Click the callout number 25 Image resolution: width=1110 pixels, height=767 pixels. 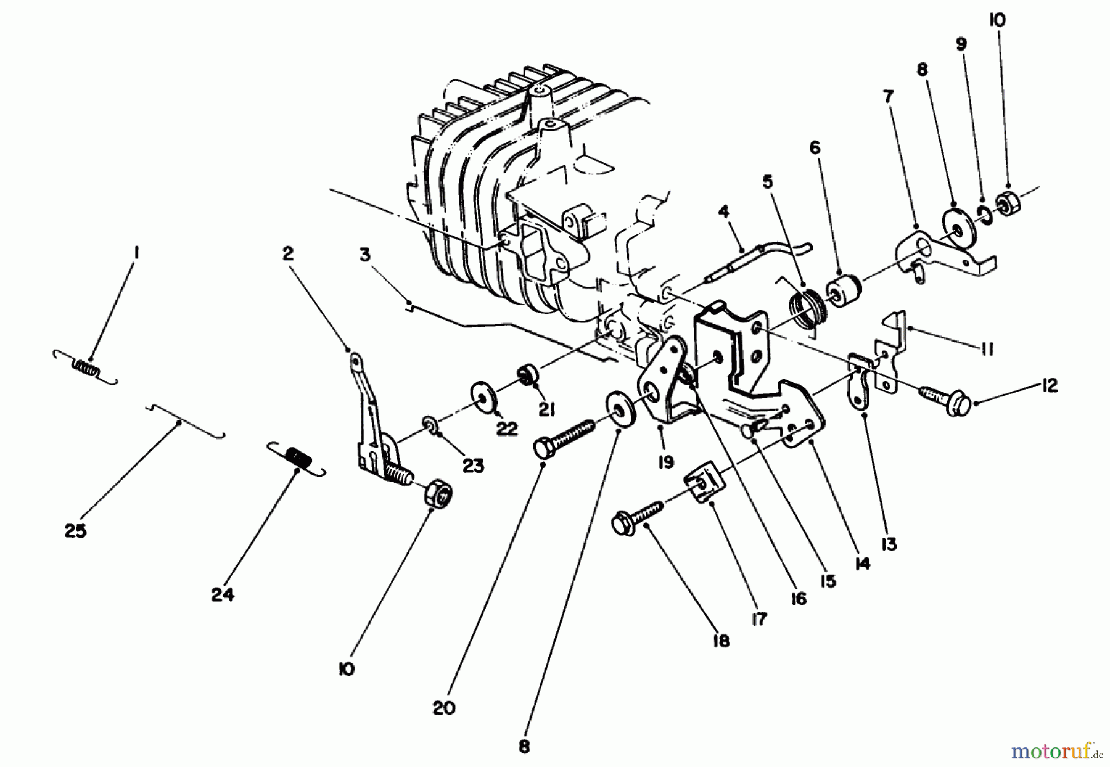(75, 531)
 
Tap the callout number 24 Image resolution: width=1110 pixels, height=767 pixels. (223, 595)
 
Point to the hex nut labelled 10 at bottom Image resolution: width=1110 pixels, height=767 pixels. (438, 494)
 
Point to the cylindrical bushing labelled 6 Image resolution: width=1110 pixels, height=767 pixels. (845, 288)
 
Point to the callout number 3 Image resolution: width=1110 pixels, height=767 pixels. (365, 255)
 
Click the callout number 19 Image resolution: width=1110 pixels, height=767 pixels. (665, 462)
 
